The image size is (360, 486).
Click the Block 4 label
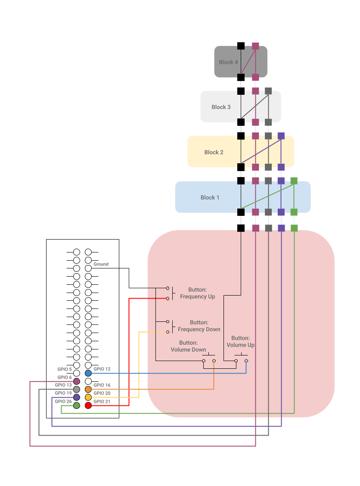pyautogui.click(x=228, y=62)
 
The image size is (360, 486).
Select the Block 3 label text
pyautogui.click(x=221, y=107)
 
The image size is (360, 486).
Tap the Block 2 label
pyautogui.click(x=214, y=152)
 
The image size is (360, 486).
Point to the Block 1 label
pyautogui.click(x=210, y=197)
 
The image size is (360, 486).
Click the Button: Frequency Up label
pyautogui.click(x=197, y=293)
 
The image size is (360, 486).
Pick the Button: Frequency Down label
pyautogui.click(x=199, y=326)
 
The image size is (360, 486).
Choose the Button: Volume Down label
pyautogui.click(x=188, y=346)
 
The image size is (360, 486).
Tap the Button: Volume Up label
pyautogui.click(x=240, y=342)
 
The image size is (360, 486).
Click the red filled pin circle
pyautogui.click(x=88, y=405)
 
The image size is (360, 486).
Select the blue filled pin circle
pyautogui.click(x=88, y=373)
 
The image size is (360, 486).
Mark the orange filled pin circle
pyautogui.click(x=88, y=389)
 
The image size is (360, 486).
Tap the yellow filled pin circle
pyautogui.click(x=88, y=397)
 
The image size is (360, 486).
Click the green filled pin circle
pyautogui.click(x=77, y=405)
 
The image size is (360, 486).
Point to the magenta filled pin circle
pyautogui.click(x=77, y=381)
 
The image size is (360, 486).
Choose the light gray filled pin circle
pyautogui.click(x=77, y=389)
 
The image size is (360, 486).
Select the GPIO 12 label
pyautogui.click(x=102, y=369)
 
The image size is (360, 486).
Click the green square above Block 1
pyautogui.click(x=294, y=181)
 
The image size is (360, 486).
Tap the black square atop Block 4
pyautogui.click(x=241, y=46)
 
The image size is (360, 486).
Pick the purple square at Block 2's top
pyautogui.click(x=281, y=136)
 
